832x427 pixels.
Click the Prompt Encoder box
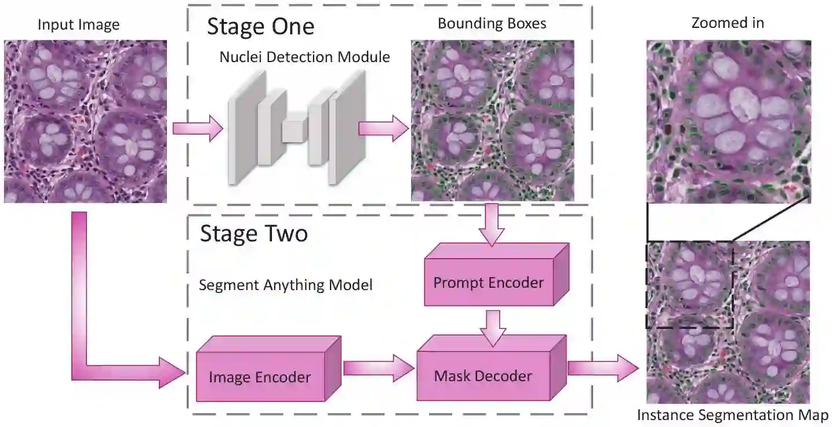tap(489, 283)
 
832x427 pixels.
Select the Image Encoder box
tap(260, 377)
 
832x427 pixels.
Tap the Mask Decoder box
tap(483, 375)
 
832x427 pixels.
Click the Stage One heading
tap(260, 27)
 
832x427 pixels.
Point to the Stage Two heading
tap(254, 233)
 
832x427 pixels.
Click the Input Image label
tap(78, 25)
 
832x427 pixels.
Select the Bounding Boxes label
tap(492, 24)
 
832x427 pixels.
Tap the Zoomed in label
tap(728, 23)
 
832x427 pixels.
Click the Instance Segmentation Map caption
tap(733, 415)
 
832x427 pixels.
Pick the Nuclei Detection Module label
tap(304, 57)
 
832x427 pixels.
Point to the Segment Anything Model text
tap(285, 285)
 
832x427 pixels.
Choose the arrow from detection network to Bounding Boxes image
tap(383, 128)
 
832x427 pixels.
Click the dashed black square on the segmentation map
tap(690, 284)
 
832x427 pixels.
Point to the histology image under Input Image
tap(86, 121)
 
